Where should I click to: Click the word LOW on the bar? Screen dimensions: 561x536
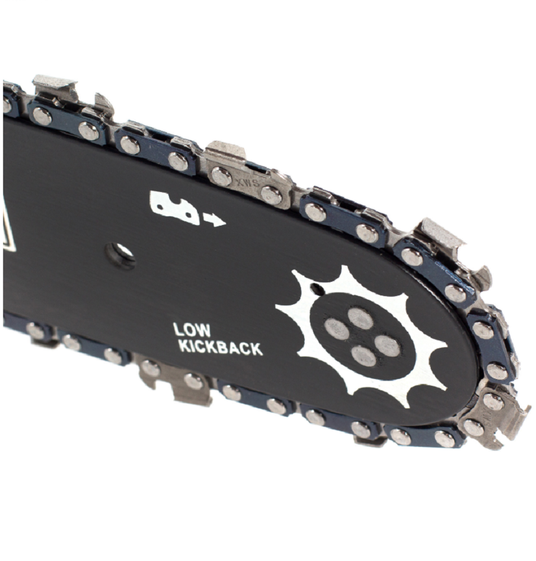[192, 330]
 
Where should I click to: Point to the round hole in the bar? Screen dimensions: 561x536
[120, 254]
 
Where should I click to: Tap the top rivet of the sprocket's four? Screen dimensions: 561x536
[360, 317]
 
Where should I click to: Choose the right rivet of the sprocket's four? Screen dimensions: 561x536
[387, 345]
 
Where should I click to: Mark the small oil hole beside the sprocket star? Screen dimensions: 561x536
[317, 289]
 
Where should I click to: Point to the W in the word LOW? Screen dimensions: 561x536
[204, 330]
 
